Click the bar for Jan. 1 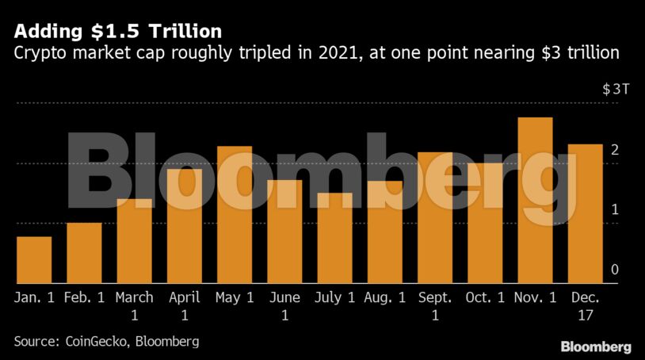coord(34,260)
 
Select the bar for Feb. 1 coord(84,253)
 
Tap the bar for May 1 coord(235,215)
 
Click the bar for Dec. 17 coord(586,214)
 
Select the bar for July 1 coord(334,238)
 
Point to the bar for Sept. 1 coord(435,218)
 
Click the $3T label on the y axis coord(616,89)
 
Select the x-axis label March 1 coord(134,306)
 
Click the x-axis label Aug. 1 coord(384,298)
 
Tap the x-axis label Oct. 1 coord(485,298)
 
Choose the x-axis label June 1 coord(284,306)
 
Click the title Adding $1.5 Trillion coord(116,32)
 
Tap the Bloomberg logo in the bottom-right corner coord(596,347)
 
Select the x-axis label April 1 coord(185,306)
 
